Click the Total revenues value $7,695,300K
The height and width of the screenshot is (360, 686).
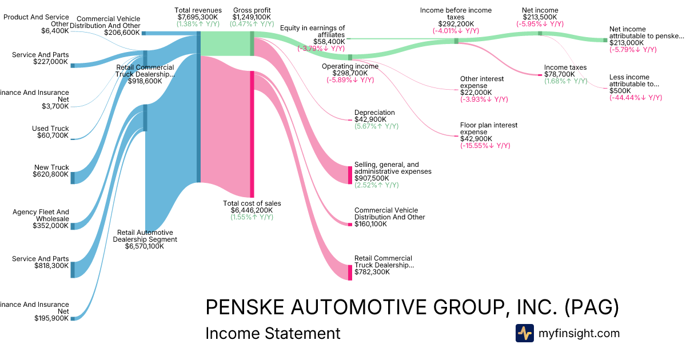point(198,18)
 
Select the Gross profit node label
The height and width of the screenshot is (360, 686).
point(252,10)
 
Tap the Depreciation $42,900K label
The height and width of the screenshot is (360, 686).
point(374,117)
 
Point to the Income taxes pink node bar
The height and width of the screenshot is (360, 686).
point(541,74)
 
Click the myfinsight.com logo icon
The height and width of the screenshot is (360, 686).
point(524,333)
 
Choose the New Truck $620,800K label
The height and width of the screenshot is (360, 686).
point(51,171)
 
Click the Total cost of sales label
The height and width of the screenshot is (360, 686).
point(252,203)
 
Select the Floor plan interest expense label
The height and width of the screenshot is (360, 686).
point(489,129)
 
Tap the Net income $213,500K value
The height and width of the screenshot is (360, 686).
point(540,17)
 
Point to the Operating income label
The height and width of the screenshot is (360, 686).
point(350,66)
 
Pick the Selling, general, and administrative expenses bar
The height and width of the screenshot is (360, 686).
point(350,175)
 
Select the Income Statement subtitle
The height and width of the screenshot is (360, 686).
point(273,333)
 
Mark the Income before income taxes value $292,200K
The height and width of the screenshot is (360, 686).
point(456,24)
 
